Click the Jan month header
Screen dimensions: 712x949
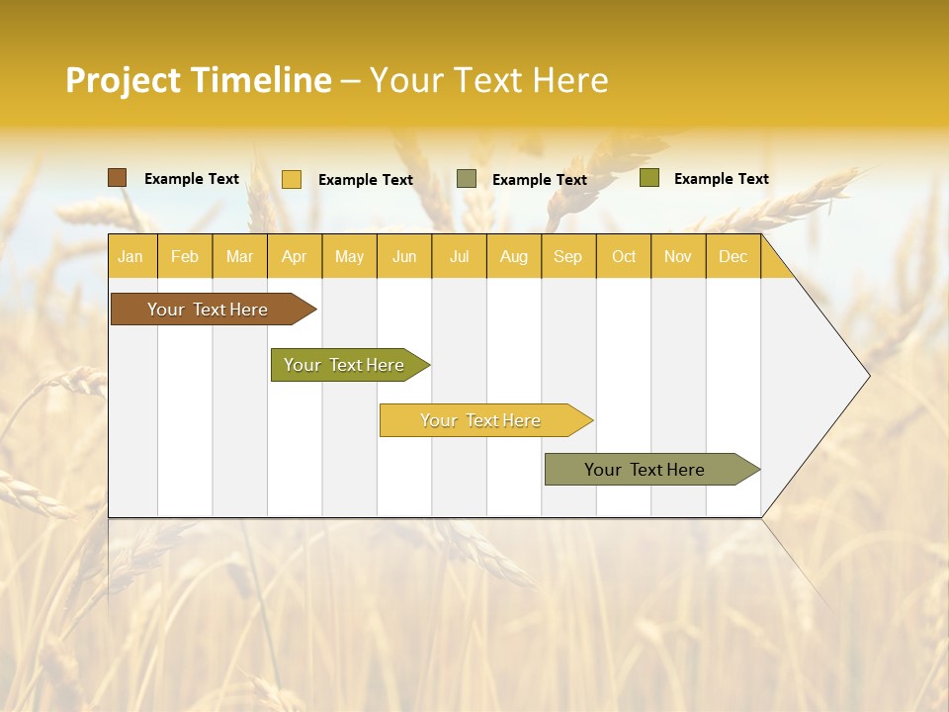131,256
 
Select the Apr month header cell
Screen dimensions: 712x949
295,256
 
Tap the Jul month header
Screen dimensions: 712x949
459,256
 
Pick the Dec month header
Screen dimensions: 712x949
733,256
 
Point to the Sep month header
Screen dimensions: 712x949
568,256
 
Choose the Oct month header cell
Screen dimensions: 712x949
624,256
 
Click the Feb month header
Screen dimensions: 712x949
185,256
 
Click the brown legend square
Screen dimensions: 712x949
117,178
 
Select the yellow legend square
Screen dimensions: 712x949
292,179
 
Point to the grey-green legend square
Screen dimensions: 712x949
467,179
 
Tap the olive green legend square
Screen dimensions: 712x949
648,178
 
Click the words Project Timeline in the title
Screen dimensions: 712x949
199,80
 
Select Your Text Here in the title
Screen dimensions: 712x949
489,80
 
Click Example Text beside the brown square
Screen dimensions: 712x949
192,179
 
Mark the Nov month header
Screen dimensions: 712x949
678,256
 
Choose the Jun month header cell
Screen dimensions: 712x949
404,256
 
